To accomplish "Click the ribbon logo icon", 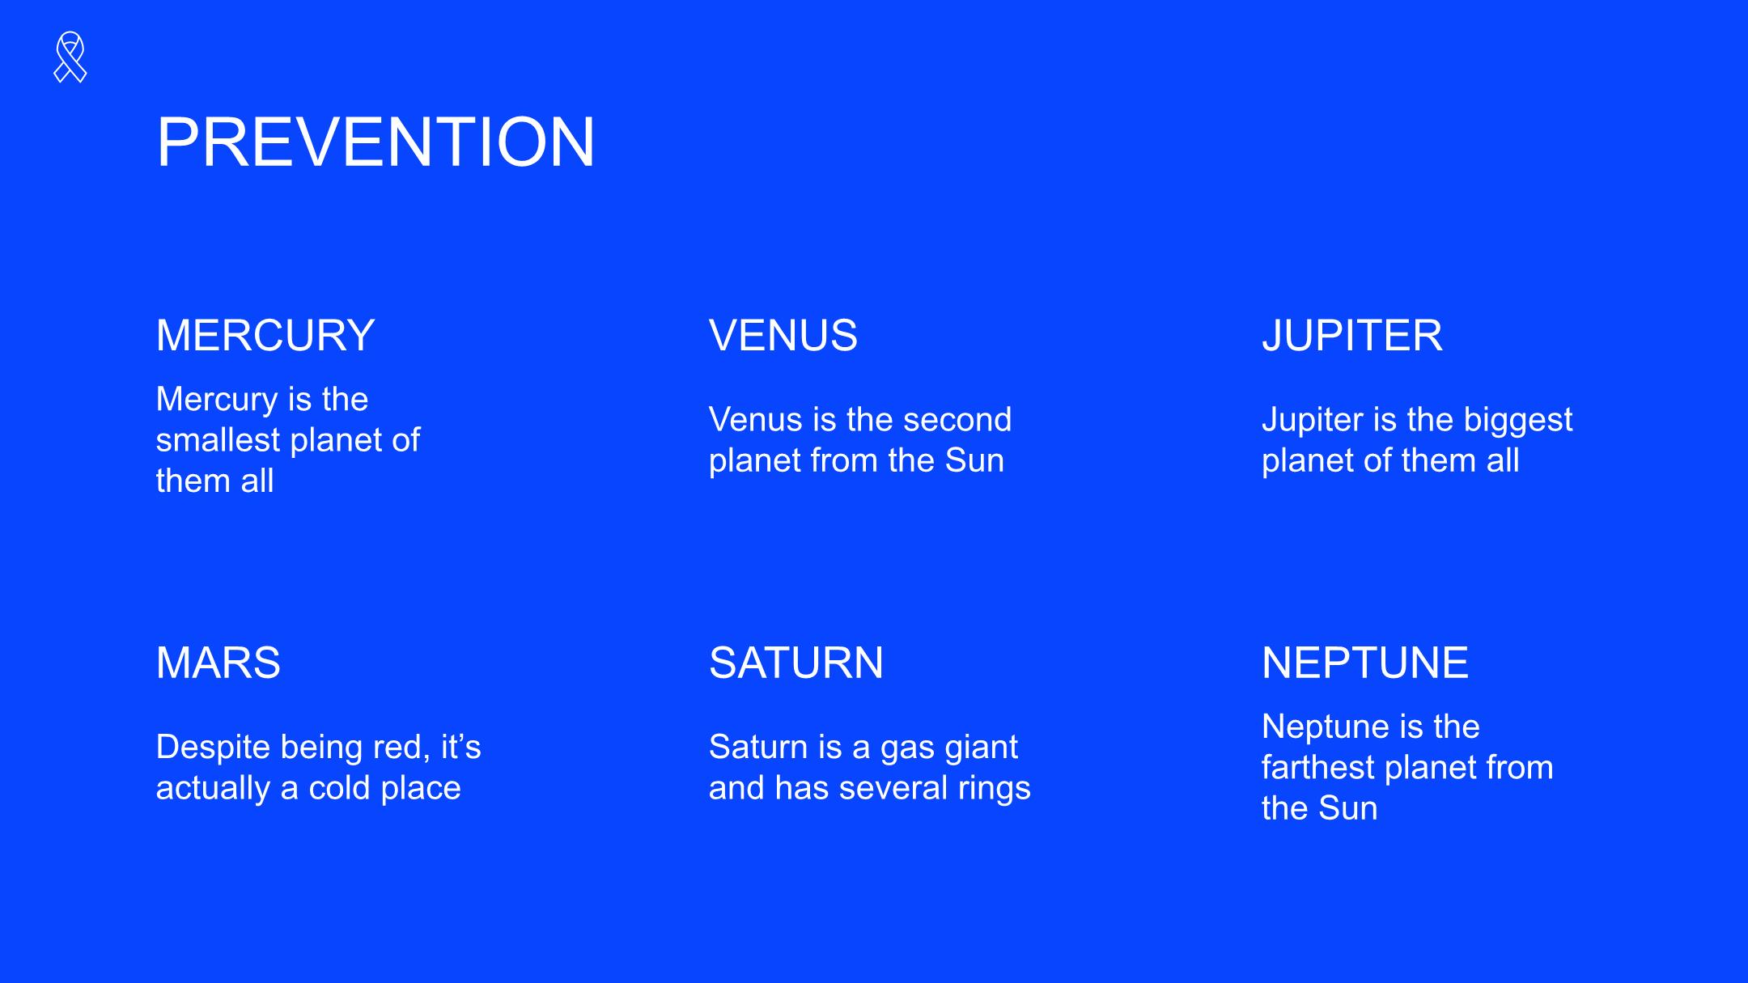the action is (70, 57).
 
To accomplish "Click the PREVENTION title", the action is (376, 142).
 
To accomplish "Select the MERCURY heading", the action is (265, 335).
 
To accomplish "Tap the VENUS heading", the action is (783, 335).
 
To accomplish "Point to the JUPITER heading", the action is (1352, 335).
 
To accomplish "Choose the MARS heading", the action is (218, 663).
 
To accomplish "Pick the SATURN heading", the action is (796, 663).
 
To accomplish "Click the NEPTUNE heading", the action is (1365, 663).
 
